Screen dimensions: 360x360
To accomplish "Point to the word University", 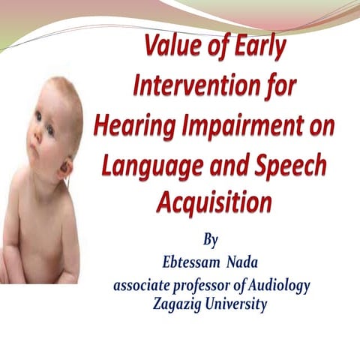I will pos(235,304).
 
